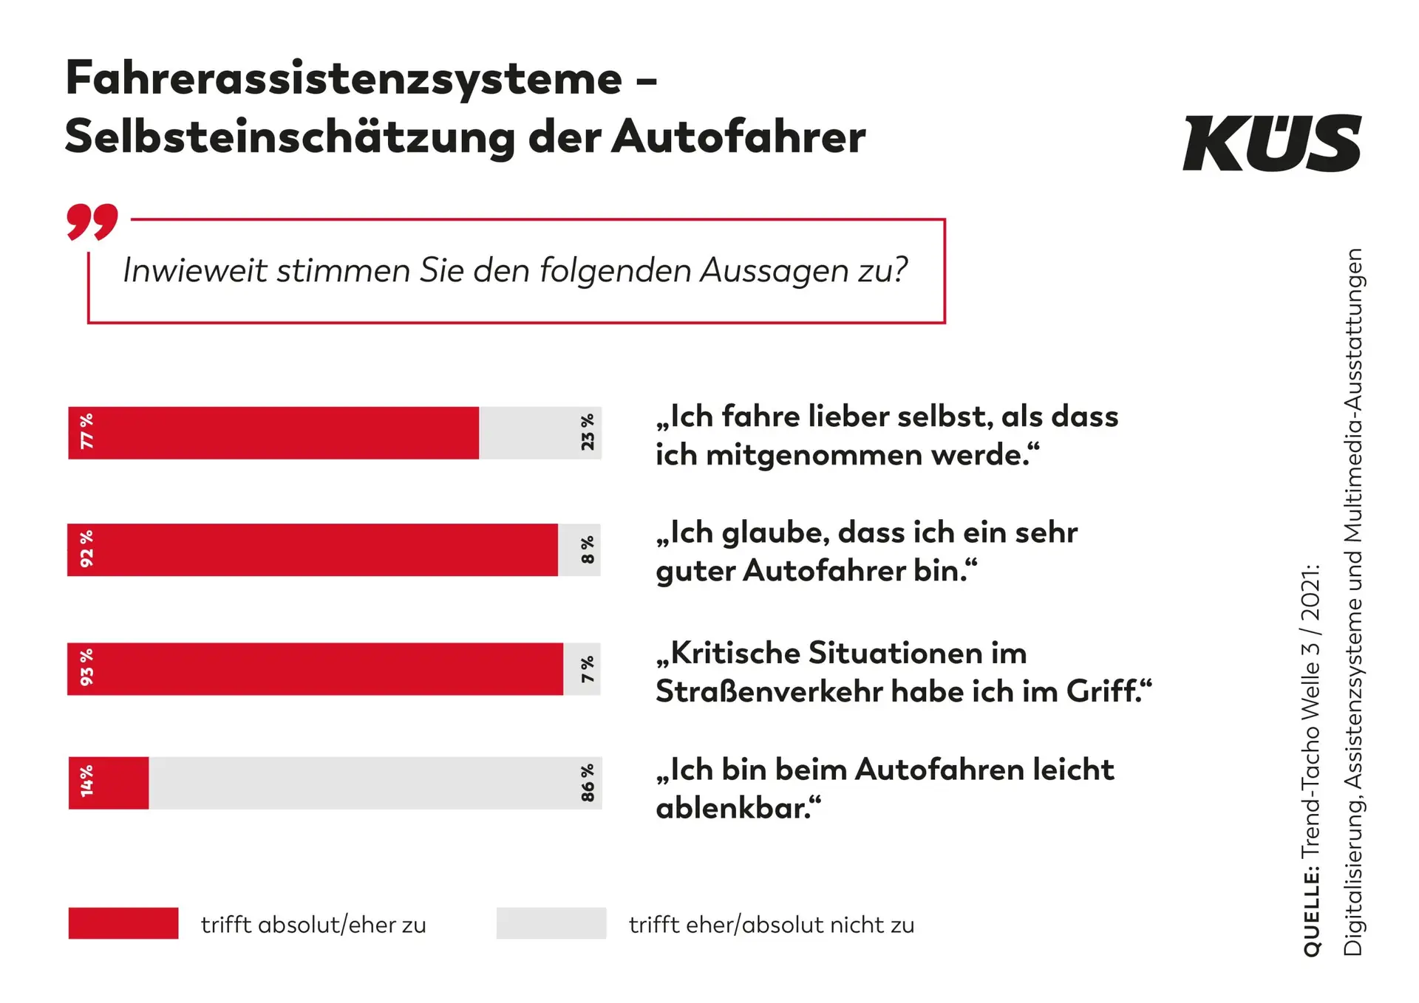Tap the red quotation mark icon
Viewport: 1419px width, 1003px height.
pyautogui.click(x=92, y=222)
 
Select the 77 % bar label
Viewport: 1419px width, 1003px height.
pyautogui.click(x=87, y=431)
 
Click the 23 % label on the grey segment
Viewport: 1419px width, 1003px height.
pyautogui.click(x=588, y=432)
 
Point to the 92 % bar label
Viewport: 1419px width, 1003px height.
pyautogui.click(x=87, y=549)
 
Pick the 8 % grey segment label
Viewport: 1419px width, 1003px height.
pyautogui.click(x=588, y=550)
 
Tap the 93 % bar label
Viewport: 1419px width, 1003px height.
pyautogui.click(x=87, y=668)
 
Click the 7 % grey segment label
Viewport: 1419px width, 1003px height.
pyautogui.click(x=588, y=669)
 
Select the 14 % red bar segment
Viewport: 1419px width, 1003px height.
pyautogui.click(x=109, y=783)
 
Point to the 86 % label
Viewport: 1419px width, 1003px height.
pyautogui.click(x=588, y=783)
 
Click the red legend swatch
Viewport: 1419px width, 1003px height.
pyautogui.click(x=123, y=923)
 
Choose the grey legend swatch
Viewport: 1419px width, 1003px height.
pyautogui.click(x=551, y=923)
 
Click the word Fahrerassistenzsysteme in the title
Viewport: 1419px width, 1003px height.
pyautogui.click(x=344, y=78)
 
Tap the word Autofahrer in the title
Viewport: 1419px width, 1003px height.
pyautogui.click(x=738, y=137)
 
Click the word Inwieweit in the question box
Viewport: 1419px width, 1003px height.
pyautogui.click(x=195, y=270)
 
